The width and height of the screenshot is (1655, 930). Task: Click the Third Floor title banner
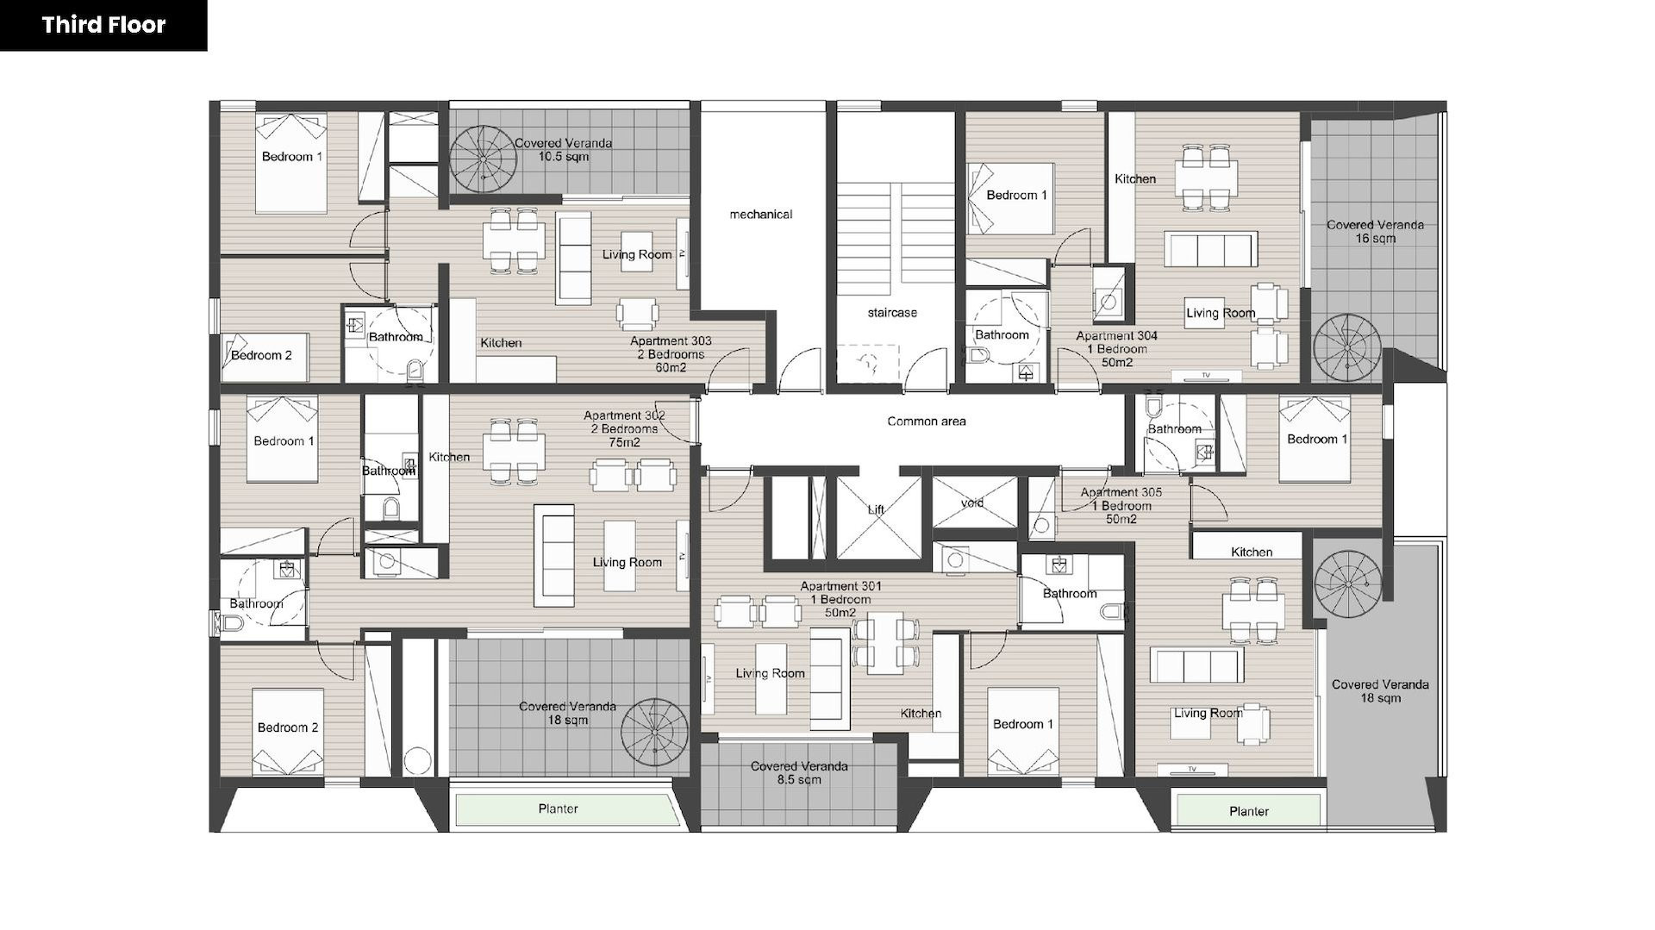click(103, 25)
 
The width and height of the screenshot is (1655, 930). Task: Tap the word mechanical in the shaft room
click(760, 215)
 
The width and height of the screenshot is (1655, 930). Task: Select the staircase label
click(892, 313)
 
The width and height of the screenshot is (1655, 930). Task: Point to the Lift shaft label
click(876, 509)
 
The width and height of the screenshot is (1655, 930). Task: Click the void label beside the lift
click(971, 503)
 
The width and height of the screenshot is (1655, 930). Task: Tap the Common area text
click(927, 421)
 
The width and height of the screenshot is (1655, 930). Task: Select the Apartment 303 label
click(671, 354)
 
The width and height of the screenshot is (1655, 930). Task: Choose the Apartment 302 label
click(625, 429)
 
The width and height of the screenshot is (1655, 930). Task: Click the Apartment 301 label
click(840, 599)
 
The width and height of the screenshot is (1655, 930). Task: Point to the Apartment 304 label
click(1117, 349)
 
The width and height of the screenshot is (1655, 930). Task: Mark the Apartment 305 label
click(1121, 506)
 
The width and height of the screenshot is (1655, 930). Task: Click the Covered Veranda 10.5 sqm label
click(564, 150)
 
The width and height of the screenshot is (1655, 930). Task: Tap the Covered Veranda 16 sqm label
click(1375, 232)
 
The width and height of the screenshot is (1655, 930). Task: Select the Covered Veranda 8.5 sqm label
click(799, 773)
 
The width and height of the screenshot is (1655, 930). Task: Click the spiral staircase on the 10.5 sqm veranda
click(483, 160)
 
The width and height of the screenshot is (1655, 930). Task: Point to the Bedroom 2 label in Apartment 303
click(261, 355)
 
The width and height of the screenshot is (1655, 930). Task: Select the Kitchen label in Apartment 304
click(1135, 179)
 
